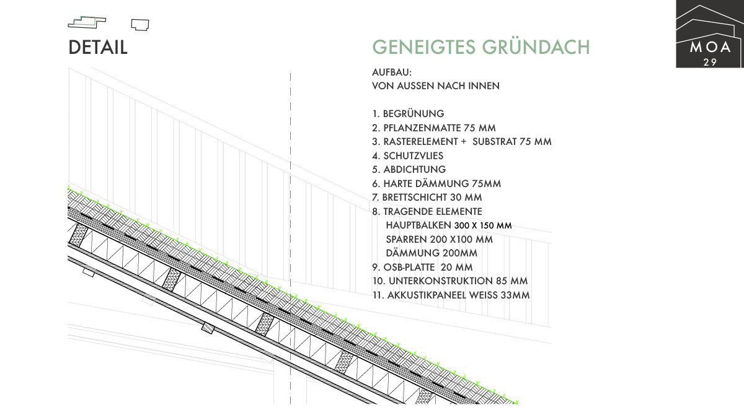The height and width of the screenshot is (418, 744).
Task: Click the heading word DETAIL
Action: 98,48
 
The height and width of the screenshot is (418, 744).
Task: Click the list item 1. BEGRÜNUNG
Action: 408,114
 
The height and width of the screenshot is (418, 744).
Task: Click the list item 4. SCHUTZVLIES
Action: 407,155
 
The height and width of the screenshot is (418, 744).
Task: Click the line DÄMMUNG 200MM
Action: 423,253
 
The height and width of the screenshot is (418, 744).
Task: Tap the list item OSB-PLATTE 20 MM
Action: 422,268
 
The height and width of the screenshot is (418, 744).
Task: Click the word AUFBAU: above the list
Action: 387,72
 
